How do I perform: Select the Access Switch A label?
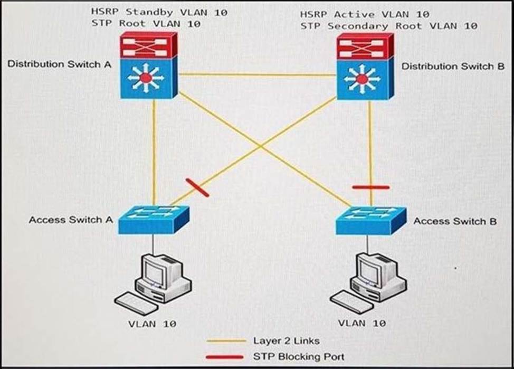click(x=71, y=220)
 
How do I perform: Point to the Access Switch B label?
click(x=455, y=221)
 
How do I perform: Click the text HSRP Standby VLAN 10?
click(x=159, y=12)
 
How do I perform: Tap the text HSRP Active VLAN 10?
click(x=365, y=14)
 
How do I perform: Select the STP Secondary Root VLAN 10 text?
click(x=389, y=25)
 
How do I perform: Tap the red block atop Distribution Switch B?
click(x=364, y=46)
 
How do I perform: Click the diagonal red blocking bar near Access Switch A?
click(x=197, y=188)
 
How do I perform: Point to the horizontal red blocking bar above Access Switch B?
click(x=370, y=187)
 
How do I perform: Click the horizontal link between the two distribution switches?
click(x=257, y=75)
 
